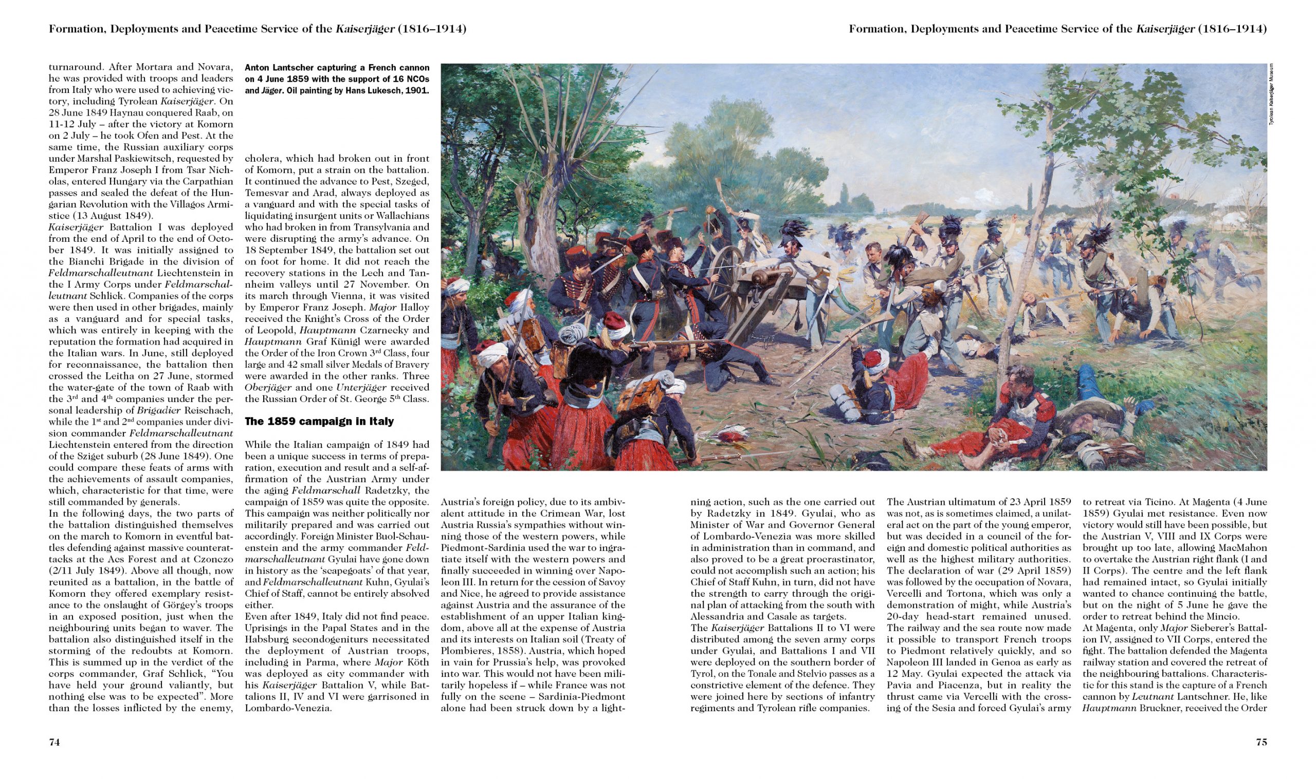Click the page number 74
54,742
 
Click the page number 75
1261,742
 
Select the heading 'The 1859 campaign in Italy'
319,422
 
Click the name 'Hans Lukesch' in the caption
385,90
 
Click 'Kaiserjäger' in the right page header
1165,29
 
